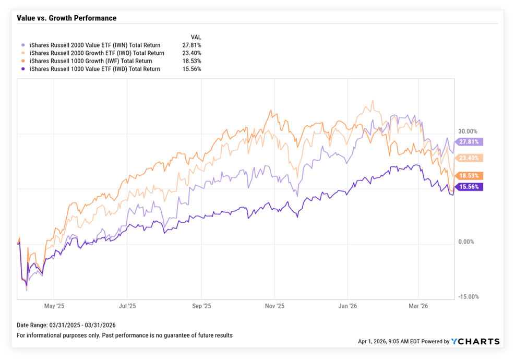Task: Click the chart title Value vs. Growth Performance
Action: (x=66, y=18)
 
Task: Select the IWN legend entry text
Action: (x=95, y=45)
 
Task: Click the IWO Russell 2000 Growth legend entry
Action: (x=97, y=53)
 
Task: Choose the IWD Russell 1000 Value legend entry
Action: (x=95, y=69)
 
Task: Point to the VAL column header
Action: (x=196, y=37)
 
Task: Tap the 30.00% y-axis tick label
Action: (x=467, y=131)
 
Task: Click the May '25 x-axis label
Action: (x=54, y=306)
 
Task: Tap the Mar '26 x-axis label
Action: (x=417, y=306)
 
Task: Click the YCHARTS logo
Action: (x=476, y=342)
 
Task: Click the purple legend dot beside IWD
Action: (x=22, y=69)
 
